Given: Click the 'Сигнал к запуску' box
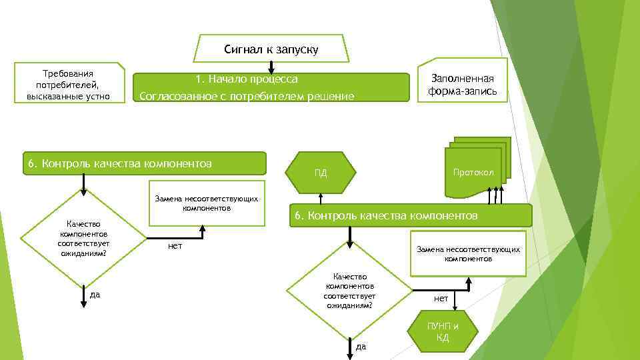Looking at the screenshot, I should click(271, 49).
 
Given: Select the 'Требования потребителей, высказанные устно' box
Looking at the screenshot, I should click(68, 85).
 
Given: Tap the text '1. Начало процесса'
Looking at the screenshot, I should click(247, 79).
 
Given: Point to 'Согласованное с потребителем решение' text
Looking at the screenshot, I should click(247, 97).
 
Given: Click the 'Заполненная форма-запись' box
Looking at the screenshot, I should click(463, 85).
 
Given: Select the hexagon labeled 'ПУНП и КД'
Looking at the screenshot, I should click(443, 331).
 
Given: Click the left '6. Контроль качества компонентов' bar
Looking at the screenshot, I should click(143, 163).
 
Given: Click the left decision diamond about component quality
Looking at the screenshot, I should click(83, 238).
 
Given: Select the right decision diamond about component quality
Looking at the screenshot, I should click(349, 290).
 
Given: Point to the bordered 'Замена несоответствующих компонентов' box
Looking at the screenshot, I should click(468, 253).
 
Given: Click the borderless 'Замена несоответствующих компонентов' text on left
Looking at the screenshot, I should click(206, 203).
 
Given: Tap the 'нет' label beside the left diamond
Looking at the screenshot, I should click(175, 246).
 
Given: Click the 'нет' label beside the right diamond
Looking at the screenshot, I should click(441, 298).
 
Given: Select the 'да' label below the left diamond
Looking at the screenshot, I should click(95, 294).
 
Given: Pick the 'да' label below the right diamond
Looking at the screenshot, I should click(361, 346).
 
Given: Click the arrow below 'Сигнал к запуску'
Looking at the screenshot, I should click(271, 67).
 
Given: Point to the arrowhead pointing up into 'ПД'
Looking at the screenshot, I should click(321, 197).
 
